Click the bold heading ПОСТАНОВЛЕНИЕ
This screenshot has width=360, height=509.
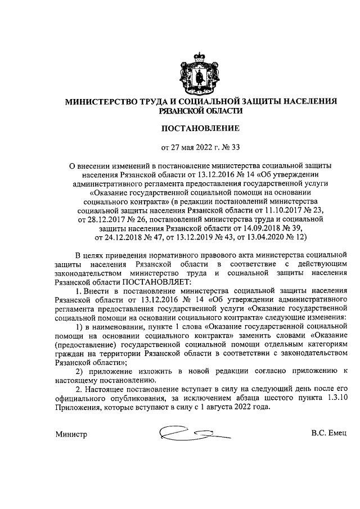click(201, 128)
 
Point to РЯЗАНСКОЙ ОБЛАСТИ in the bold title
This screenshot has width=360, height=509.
click(201, 111)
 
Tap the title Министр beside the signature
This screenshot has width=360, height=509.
click(72, 450)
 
